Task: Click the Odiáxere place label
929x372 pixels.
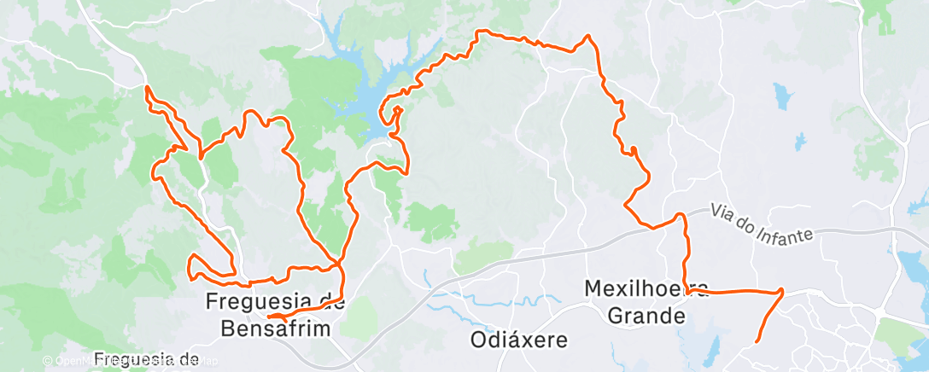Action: coord(519,340)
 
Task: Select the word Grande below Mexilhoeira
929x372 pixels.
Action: coord(646,316)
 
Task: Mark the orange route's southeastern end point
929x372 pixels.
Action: coord(757,342)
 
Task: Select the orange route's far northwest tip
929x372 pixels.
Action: coord(147,87)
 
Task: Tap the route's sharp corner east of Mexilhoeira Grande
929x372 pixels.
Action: coord(781,291)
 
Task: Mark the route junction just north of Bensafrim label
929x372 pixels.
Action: coord(341,260)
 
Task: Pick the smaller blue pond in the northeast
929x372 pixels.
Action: coord(801,137)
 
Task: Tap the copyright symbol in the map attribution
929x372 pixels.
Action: coord(48,361)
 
